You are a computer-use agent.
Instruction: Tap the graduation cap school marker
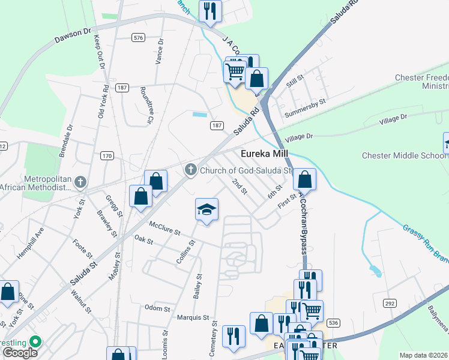click(206, 210)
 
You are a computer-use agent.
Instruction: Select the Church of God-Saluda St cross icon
click(191, 170)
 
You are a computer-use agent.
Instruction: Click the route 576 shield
click(139, 38)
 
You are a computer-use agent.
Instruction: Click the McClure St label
click(165, 229)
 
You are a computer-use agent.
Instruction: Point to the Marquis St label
click(193, 317)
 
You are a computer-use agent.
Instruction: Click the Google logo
click(20, 352)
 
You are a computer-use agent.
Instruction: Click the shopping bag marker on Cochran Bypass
click(305, 179)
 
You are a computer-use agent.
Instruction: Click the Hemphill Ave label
click(31, 242)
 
